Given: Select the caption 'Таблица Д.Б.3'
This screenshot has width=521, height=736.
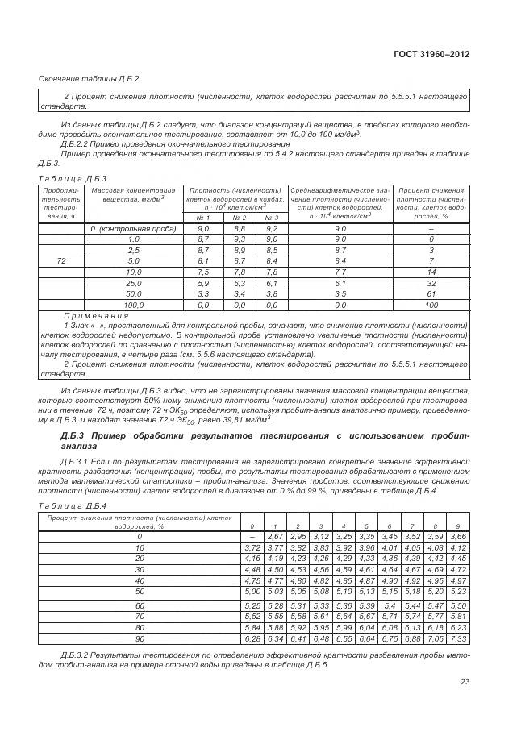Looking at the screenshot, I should click(x=73, y=177).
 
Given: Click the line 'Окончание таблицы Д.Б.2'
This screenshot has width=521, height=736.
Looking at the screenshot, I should click(x=90, y=78).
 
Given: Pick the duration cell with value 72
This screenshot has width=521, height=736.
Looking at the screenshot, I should click(x=61, y=261).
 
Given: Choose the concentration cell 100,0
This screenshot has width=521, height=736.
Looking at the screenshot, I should click(x=134, y=306).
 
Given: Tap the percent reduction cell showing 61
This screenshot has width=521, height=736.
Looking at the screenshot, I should click(x=431, y=295).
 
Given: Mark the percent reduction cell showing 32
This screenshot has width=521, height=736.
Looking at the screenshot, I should click(x=431, y=284).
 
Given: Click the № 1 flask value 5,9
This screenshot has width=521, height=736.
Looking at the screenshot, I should click(x=203, y=284).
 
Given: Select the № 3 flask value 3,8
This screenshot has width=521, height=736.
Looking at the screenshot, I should click(x=272, y=295).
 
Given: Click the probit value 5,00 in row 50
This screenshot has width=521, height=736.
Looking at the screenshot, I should click(x=252, y=591).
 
